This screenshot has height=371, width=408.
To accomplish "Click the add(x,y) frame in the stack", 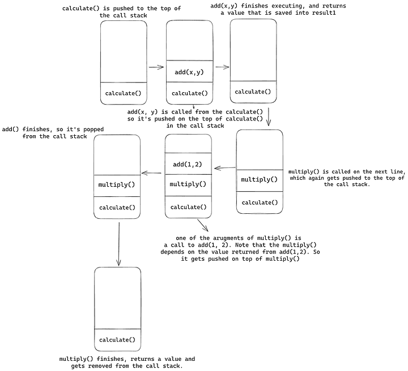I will click(189, 72).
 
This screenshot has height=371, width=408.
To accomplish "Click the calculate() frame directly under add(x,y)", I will click(189, 93).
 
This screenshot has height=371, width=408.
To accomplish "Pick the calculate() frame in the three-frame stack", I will click(189, 207).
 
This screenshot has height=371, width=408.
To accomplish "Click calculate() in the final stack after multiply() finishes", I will click(117, 339).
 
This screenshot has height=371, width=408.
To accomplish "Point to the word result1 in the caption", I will click(321, 12).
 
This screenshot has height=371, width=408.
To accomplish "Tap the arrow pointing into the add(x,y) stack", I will click(155, 67).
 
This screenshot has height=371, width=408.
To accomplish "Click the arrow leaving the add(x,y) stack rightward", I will click(222, 67).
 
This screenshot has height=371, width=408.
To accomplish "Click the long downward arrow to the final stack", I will click(119, 243).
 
